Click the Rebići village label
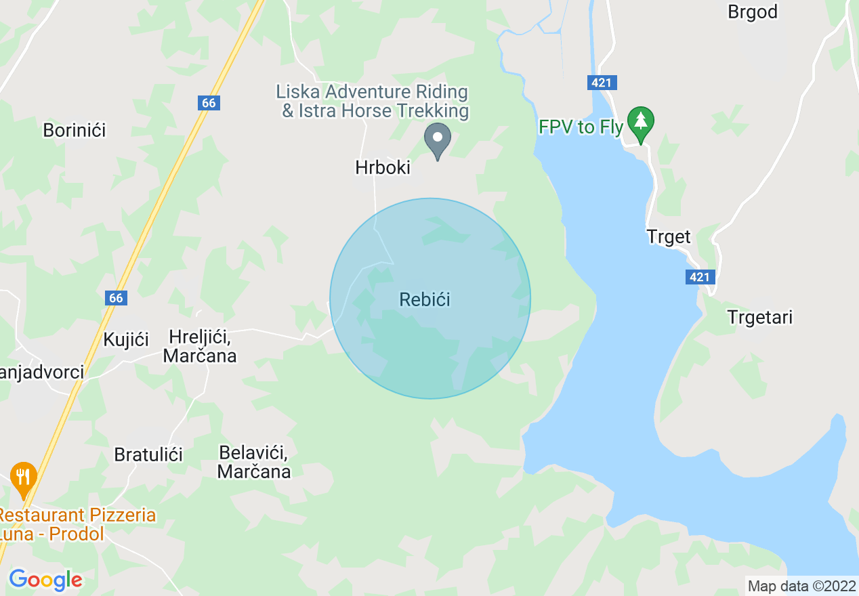click(x=425, y=299)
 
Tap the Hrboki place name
click(x=383, y=167)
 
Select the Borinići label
click(x=75, y=130)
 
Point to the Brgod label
click(x=752, y=12)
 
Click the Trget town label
click(x=669, y=237)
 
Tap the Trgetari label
click(x=759, y=317)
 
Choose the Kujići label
click(x=126, y=339)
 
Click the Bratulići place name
click(x=148, y=454)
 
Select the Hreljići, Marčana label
click(x=201, y=346)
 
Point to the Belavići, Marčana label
click(x=254, y=462)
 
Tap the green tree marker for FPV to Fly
click(x=640, y=122)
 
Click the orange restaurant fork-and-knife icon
click(x=24, y=477)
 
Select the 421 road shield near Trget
click(x=699, y=277)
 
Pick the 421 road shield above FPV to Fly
click(x=601, y=83)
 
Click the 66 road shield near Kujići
click(x=116, y=298)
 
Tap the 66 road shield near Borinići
click(x=209, y=103)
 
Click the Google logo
click(x=45, y=580)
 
